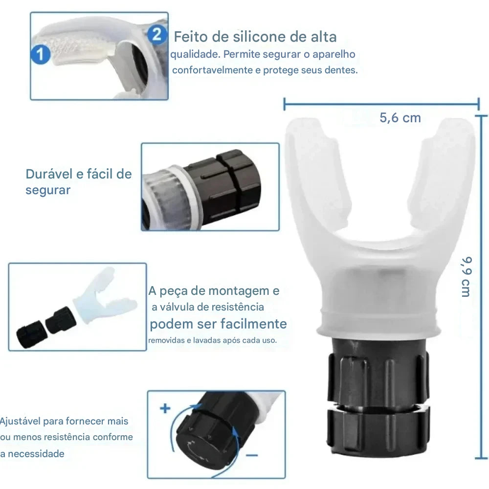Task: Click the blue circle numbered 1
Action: click(41, 54)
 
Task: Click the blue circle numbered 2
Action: click(156, 34)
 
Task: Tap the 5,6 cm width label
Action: click(400, 118)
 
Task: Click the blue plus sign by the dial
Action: click(165, 408)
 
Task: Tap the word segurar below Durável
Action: click(48, 190)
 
